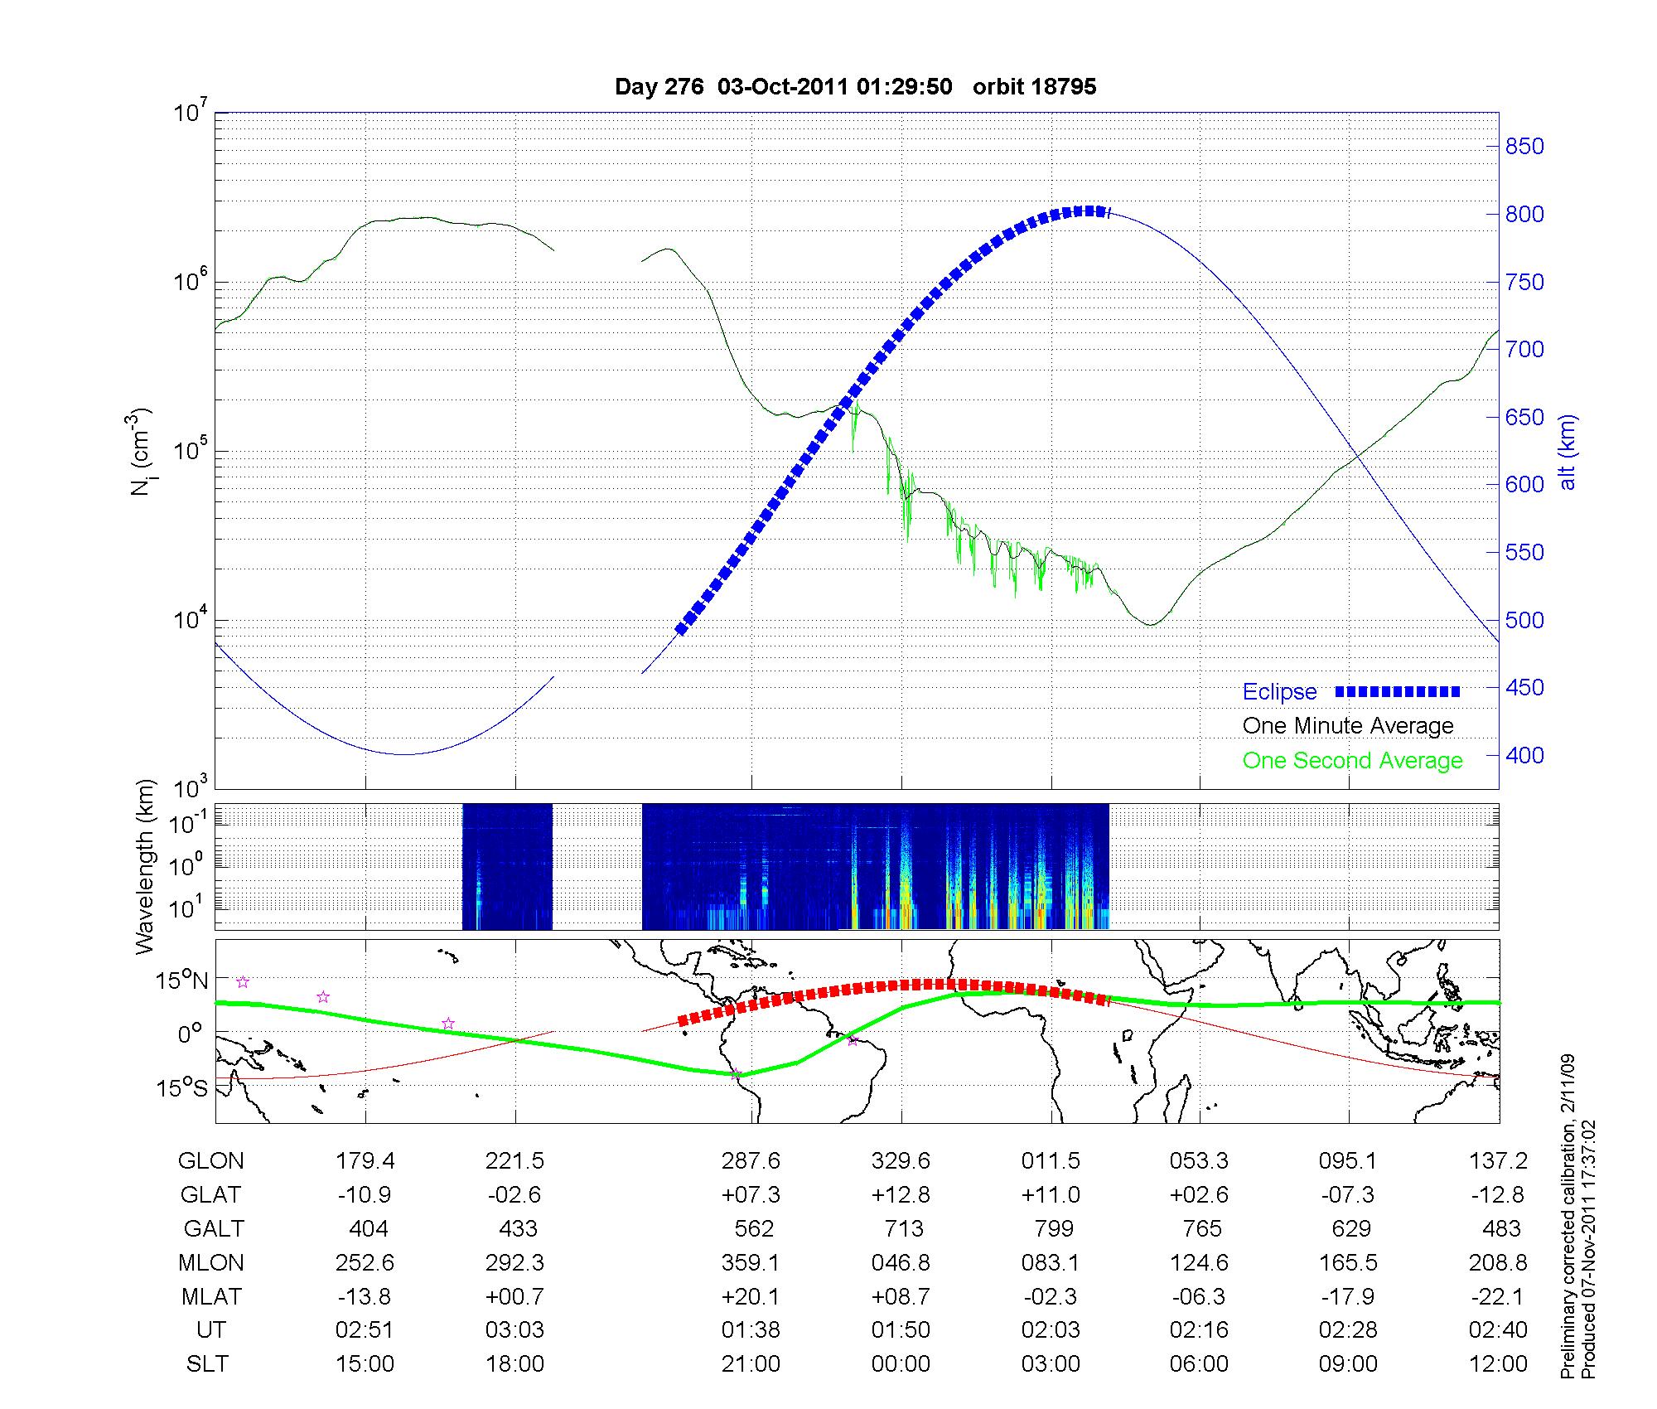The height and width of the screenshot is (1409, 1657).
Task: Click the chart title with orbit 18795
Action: click(855, 87)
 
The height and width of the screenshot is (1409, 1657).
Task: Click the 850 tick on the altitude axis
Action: click(1524, 147)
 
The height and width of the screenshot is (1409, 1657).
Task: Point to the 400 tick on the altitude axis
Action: click(1524, 755)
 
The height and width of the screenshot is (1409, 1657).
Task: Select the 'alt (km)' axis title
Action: click(1568, 453)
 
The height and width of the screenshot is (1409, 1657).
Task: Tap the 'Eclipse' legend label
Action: click(1279, 692)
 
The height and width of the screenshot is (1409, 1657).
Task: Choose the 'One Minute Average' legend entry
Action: click(1348, 726)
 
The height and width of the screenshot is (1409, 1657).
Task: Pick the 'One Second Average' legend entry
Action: click(1352, 761)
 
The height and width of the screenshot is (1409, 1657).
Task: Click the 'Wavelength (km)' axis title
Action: click(146, 867)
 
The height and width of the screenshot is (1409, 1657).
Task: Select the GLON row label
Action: click(210, 1161)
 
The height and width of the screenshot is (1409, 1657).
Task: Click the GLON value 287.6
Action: click(751, 1161)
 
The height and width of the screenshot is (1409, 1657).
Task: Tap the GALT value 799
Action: click(1053, 1228)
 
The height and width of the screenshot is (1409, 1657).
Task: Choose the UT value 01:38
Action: click(751, 1330)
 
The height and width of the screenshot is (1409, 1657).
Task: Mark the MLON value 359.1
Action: click(751, 1262)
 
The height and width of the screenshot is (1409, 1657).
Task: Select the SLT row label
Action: click(207, 1364)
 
